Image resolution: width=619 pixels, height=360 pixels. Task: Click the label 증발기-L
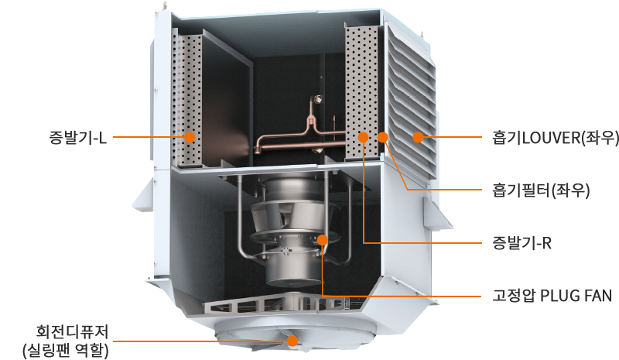pos(78,138)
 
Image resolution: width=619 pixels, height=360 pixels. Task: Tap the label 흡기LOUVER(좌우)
pos(556,138)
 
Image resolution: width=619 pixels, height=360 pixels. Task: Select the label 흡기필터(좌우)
pos(541,190)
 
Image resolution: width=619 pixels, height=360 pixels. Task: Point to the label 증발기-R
pos(522,242)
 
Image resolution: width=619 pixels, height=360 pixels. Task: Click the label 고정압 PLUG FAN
pos(552,296)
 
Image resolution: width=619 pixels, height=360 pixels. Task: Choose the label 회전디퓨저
pos(72,331)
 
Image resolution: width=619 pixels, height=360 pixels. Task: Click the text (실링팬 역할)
pos(66,350)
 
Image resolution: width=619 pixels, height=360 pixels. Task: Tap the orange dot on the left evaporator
pos(190,137)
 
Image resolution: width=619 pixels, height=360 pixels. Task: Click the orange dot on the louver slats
pos(418,138)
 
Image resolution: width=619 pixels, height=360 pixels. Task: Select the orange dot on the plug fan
pos(323,240)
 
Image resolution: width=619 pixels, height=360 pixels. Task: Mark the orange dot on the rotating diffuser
pos(292,341)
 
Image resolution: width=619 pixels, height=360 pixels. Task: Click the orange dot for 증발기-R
pos(363,138)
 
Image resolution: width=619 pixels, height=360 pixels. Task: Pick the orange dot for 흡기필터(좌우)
pos(382,138)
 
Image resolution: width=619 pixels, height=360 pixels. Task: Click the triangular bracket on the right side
pos(436,214)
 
